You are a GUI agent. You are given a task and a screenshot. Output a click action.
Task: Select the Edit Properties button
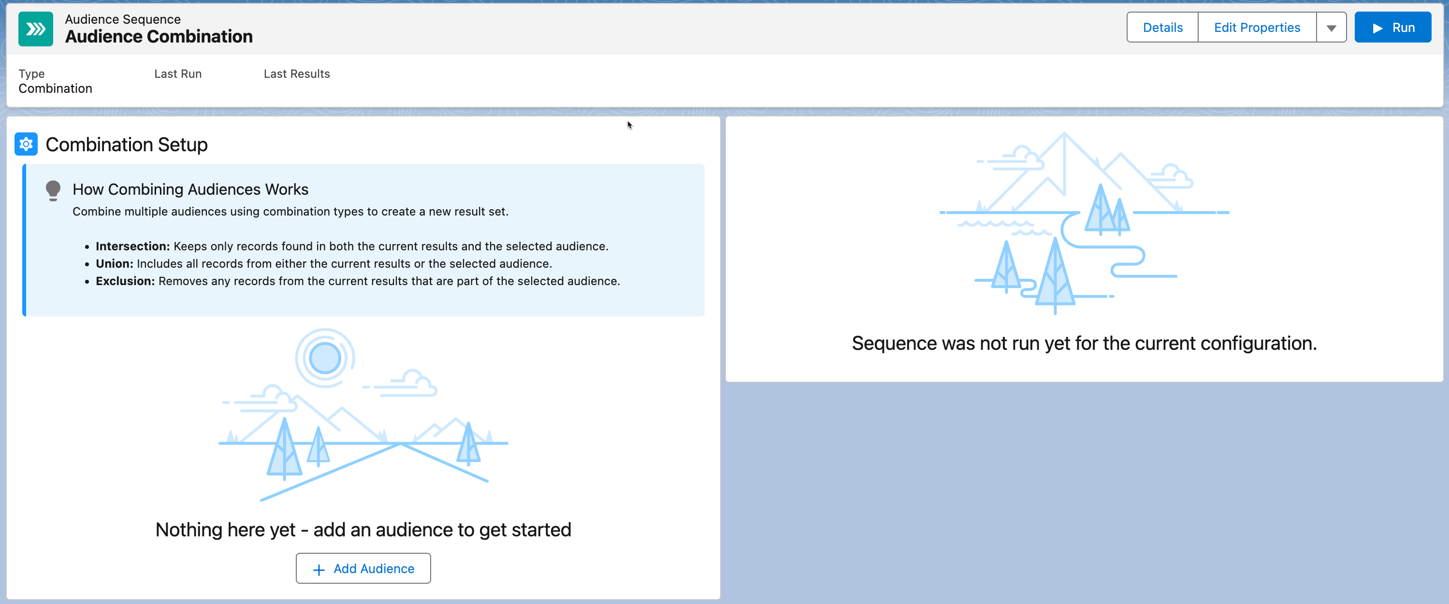point(1257,28)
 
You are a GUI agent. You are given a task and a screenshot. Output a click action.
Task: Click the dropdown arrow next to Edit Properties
point(1331,28)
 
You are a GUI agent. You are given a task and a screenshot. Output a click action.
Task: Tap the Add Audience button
point(363,569)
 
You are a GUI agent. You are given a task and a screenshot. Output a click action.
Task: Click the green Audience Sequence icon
point(35,28)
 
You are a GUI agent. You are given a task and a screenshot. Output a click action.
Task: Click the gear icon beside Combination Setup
point(26,144)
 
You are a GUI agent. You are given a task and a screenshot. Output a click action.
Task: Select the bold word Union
point(114,264)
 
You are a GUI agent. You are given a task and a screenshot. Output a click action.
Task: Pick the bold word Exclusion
point(125,281)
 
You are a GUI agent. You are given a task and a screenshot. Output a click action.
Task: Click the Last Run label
point(178,73)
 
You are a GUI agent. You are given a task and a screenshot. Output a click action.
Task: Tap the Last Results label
point(296,73)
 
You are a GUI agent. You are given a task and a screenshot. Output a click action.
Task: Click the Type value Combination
point(55,88)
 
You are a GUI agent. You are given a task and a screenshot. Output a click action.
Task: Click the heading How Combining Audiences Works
point(190,189)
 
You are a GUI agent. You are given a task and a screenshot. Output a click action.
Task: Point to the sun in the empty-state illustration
point(325,358)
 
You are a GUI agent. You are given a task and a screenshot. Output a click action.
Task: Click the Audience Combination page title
point(159,37)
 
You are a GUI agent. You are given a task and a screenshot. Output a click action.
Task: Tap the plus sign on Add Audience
point(319,570)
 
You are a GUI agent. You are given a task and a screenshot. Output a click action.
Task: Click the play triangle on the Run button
point(1377,28)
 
